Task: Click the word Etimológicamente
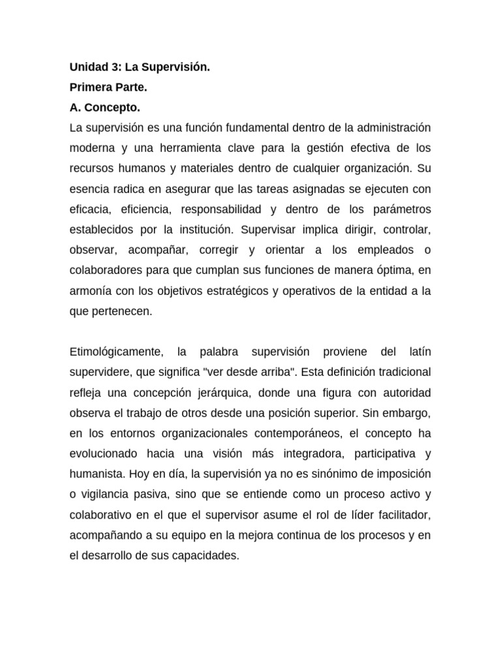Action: pos(115,352)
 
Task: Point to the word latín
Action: pos(418,352)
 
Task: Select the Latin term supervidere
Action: pos(98,372)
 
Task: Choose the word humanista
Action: pos(94,474)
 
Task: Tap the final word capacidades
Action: pos(203,556)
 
